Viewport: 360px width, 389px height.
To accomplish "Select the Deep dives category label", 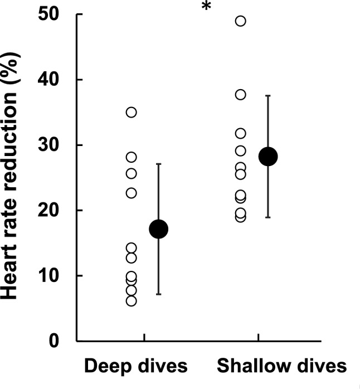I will coord(136,366).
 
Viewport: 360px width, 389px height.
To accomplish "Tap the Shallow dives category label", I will coord(281,366).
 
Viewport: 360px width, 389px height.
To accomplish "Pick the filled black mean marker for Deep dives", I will coord(159,228).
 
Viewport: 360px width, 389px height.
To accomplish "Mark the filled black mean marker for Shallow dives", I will coord(269,157).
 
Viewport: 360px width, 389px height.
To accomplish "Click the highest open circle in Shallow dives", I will coord(241,21).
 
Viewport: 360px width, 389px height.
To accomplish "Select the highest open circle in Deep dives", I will coord(132,112).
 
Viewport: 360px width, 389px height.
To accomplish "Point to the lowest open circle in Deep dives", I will coord(132,301).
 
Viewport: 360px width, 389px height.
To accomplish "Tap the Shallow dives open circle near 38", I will coord(241,95).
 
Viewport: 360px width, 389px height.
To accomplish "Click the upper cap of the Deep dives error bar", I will coord(159,164).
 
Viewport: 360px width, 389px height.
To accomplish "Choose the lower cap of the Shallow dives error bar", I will coord(269,217).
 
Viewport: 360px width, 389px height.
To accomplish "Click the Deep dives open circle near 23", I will coord(132,193).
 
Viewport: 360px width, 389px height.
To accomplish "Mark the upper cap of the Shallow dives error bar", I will coord(269,96).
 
